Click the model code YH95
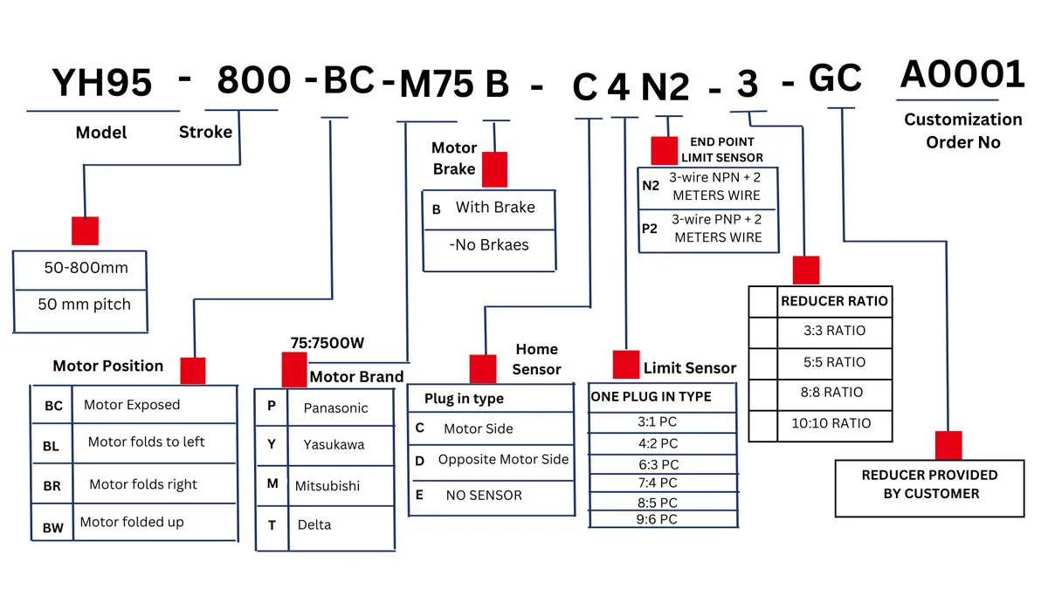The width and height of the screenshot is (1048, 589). pos(102,83)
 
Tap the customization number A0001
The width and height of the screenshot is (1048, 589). pos(962,74)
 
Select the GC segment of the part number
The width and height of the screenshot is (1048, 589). pos(835,78)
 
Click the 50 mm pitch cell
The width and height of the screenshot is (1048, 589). pos(84,305)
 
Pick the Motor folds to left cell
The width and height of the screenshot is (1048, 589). pos(146,442)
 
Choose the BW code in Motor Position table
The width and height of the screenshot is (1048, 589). pos(53,528)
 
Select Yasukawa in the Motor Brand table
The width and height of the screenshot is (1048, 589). pos(334,444)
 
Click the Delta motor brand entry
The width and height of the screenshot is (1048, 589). pos(314,525)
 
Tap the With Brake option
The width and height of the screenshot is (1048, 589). pos(495,207)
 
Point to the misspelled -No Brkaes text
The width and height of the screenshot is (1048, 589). pos(489,245)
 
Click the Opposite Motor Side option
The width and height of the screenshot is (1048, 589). pos(503,460)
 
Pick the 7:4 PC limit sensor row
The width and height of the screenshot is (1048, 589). pos(658,483)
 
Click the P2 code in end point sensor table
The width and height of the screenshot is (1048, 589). pos(650,229)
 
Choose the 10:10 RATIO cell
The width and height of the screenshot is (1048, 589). pos(831,423)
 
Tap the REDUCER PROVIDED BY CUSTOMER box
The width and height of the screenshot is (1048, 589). pos(929,489)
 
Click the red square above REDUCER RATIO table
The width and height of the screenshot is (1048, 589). pos(806,271)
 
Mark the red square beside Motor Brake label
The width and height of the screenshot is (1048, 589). pos(494,169)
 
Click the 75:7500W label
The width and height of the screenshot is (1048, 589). pos(327,343)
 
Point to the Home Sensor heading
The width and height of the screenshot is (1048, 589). pos(536,359)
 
